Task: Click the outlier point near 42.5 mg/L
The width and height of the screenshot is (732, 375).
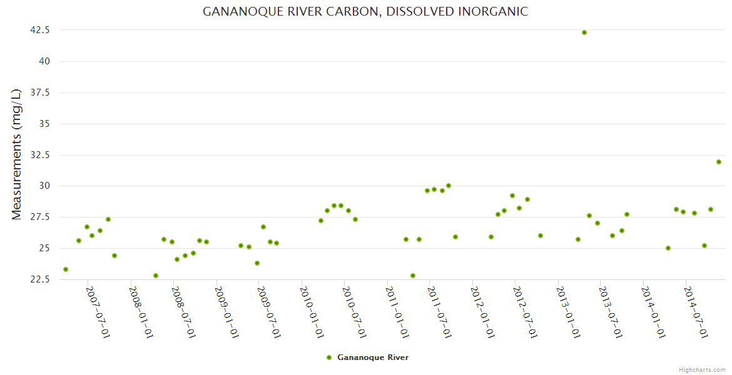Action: pos(584,32)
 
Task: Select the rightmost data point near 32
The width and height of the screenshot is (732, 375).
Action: pos(719,162)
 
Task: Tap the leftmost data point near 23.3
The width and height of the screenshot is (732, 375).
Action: pos(66,269)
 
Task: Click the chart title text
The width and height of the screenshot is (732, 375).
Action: pos(365,12)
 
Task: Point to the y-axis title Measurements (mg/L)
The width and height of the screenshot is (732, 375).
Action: pos(17,154)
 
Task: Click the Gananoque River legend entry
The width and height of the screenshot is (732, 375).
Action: pos(372,357)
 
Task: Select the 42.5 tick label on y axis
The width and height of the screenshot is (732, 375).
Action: pos(39,30)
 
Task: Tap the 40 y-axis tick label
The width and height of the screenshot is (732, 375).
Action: pos(44,61)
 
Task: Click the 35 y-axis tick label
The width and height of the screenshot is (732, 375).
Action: pos(44,124)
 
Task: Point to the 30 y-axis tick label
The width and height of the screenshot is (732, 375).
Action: pos(44,186)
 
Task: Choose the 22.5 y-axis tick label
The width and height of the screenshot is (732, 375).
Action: pos(39,279)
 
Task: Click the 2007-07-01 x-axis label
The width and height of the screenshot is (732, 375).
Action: pos(98,312)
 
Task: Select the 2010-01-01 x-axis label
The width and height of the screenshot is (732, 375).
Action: pos(312,312)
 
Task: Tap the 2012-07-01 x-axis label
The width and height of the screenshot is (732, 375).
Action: pos(525,312)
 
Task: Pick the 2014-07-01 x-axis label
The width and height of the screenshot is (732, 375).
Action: pos(696,312)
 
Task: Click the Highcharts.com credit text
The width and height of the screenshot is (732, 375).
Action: pos(702,370)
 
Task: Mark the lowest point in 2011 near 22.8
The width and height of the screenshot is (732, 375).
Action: pos(413,276)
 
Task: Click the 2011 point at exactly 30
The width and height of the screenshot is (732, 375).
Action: pos(449,186)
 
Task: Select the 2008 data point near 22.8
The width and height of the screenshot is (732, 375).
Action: pos(156,276)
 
